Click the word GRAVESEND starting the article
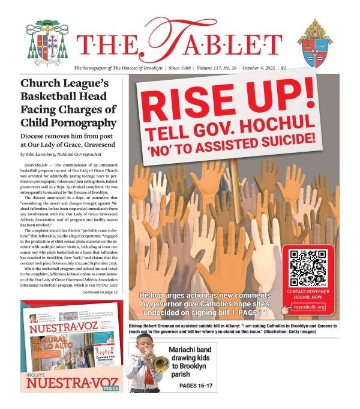(39, 164)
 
